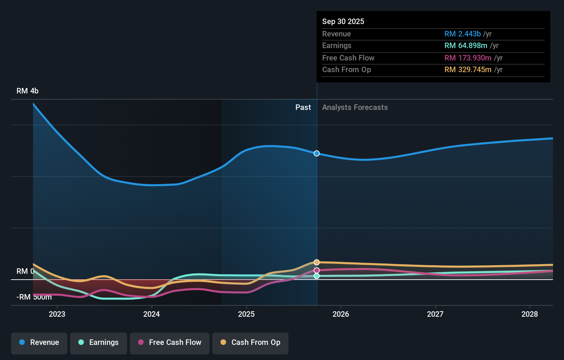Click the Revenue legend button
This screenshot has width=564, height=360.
pos(39,342)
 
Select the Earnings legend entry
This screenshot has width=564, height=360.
pos(99,342)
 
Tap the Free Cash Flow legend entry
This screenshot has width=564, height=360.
pos(170,342)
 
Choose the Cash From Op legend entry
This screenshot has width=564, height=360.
pos(250,342)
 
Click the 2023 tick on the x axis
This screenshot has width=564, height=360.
pos(57,314)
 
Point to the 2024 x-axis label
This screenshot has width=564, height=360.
pos(151,314)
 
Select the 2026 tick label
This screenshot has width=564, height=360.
pos(341,314)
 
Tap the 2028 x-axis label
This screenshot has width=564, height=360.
pos(530,314)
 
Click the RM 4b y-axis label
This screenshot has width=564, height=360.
pos(27,91)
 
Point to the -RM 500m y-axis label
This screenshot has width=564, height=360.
pos(34,297)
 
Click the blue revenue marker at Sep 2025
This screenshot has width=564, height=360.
pos(317,154)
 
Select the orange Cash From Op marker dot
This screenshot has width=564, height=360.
pos(317,262)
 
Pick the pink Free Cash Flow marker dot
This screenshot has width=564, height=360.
pos(317,270)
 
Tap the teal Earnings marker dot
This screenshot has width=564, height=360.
pos(317,276)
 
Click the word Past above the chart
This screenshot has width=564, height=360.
pos(303,108)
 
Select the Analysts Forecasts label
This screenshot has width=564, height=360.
pos(355,108)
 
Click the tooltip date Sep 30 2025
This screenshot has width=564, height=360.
pos(343,22)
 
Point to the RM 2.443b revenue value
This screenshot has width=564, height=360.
pos(462,34)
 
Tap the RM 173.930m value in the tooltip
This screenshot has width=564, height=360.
pos(468,58)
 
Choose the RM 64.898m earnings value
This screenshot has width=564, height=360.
pos(466,46)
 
